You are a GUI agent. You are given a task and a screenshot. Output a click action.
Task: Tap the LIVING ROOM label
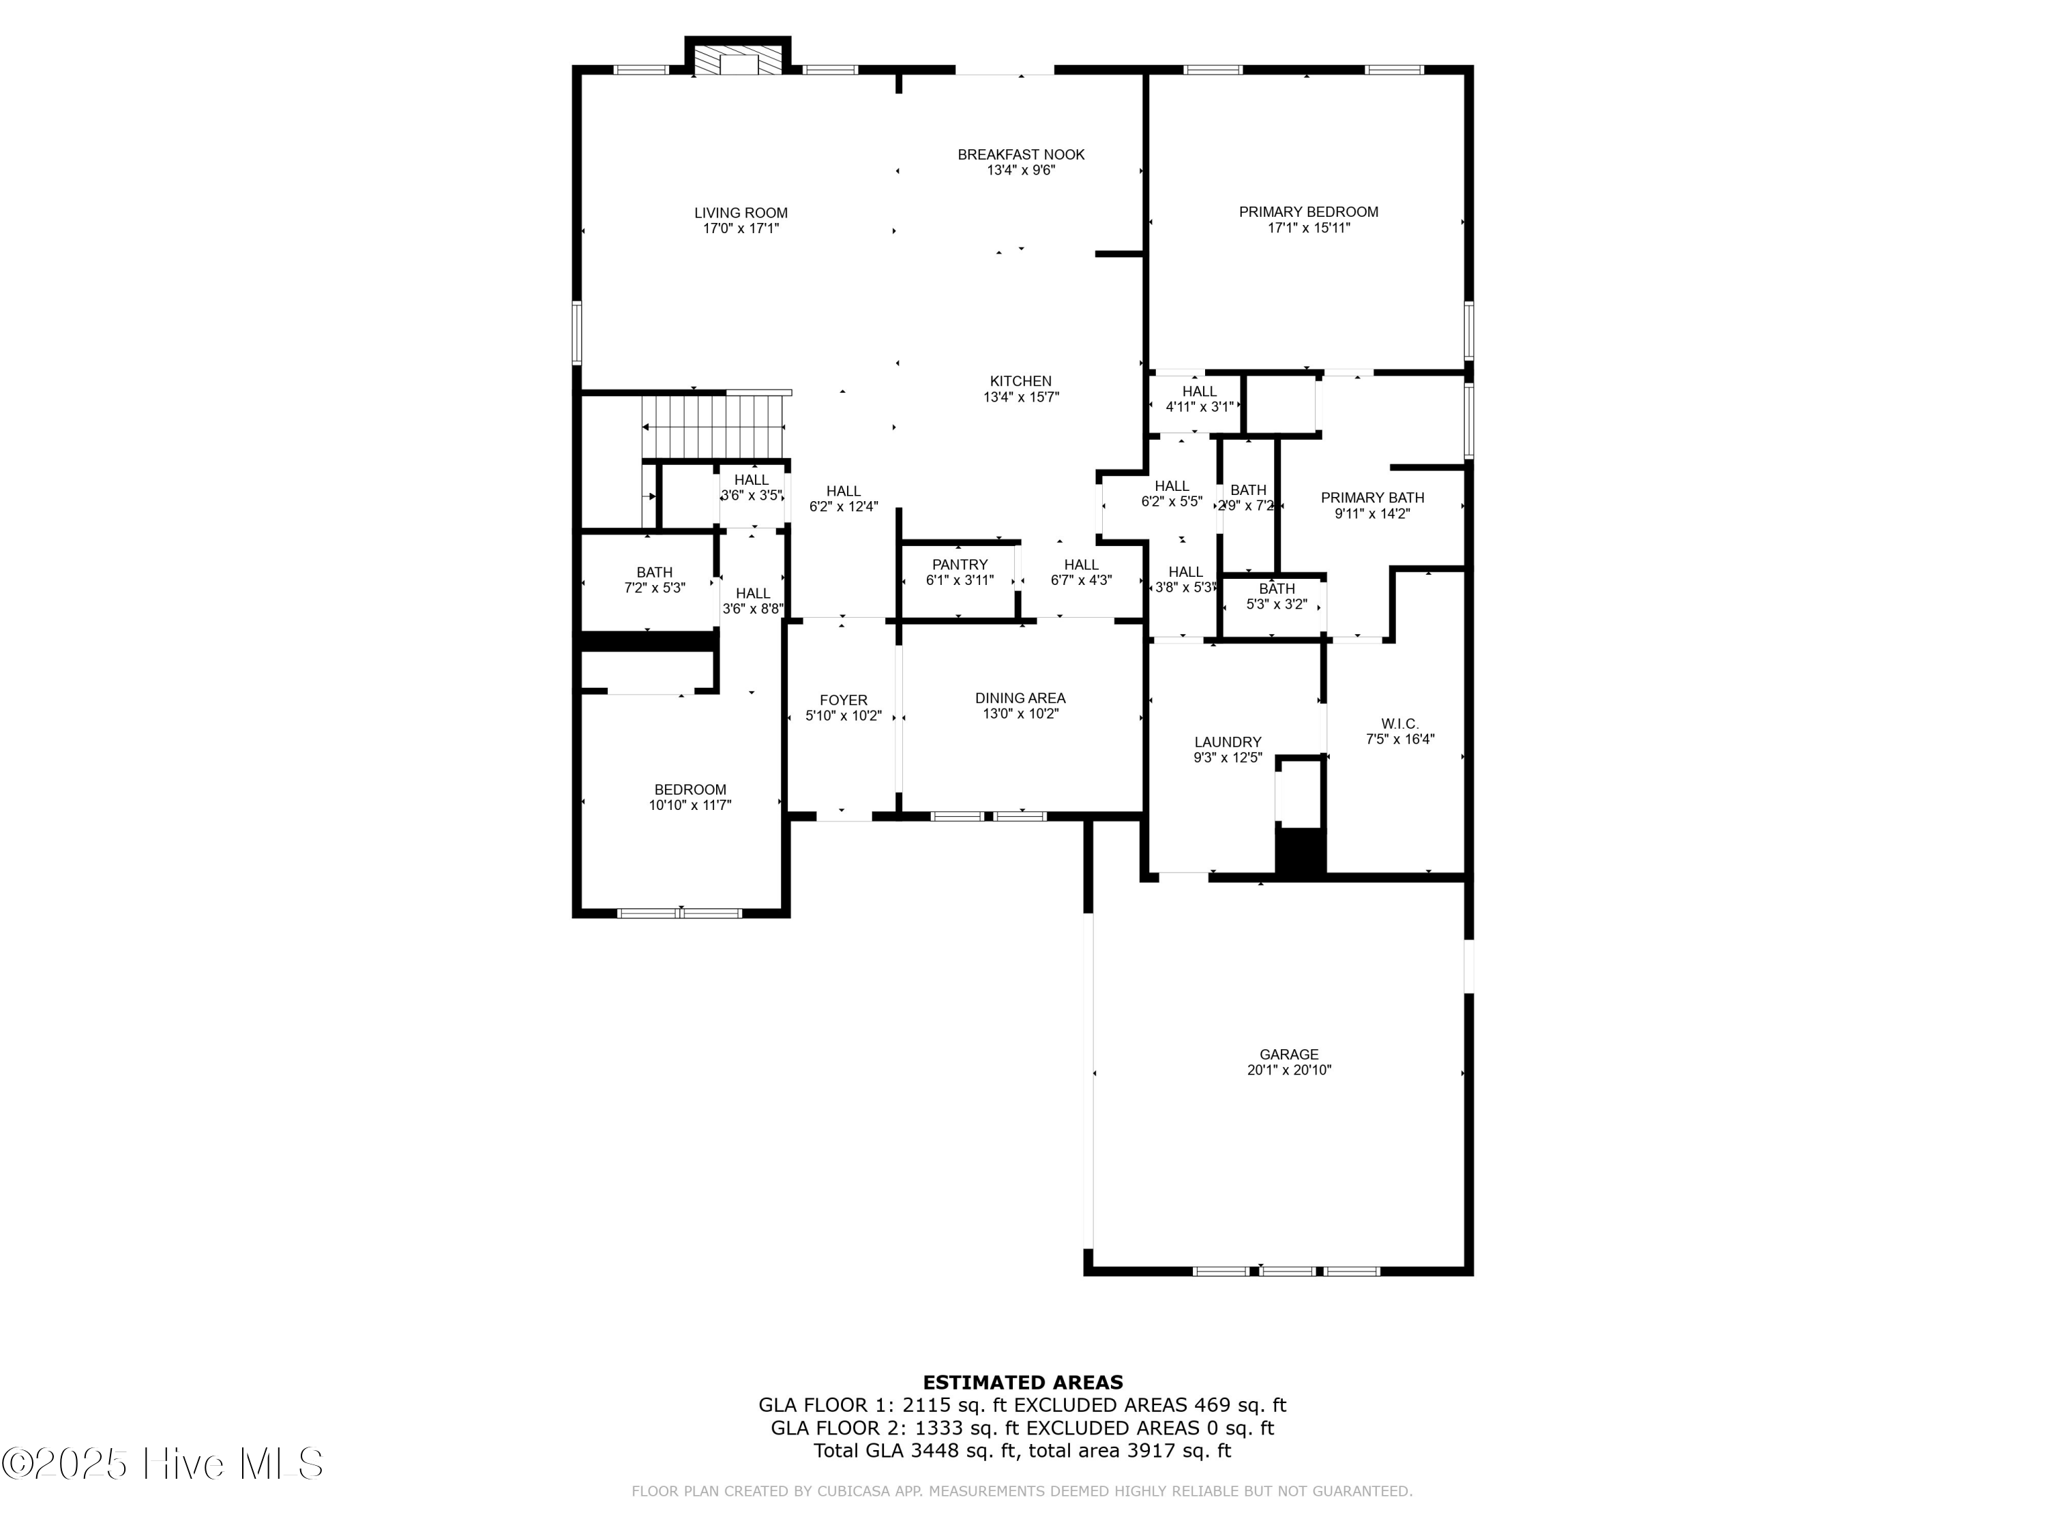[741, 213]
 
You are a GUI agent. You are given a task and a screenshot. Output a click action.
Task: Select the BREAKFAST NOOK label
[1020, 154]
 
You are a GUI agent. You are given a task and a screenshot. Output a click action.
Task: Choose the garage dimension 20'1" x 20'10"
[1288, 1070]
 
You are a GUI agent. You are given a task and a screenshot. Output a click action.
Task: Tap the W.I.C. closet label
[1399, 723]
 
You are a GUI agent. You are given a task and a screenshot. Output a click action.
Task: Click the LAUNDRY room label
[1228, 742]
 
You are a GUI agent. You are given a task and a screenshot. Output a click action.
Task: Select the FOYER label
[843, 700]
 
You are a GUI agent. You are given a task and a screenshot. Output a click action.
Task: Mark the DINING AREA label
[1020, 698]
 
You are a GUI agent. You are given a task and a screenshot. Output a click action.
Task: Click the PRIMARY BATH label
[1372, 498]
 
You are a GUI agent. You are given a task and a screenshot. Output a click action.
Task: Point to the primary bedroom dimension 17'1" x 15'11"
[1308, 228]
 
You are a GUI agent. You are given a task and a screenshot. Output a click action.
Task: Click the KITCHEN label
[1020, 381]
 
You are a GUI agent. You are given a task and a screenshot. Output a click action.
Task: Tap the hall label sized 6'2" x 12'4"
[843, 507]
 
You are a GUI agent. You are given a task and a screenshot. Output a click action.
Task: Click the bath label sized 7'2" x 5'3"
[654, 587]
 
